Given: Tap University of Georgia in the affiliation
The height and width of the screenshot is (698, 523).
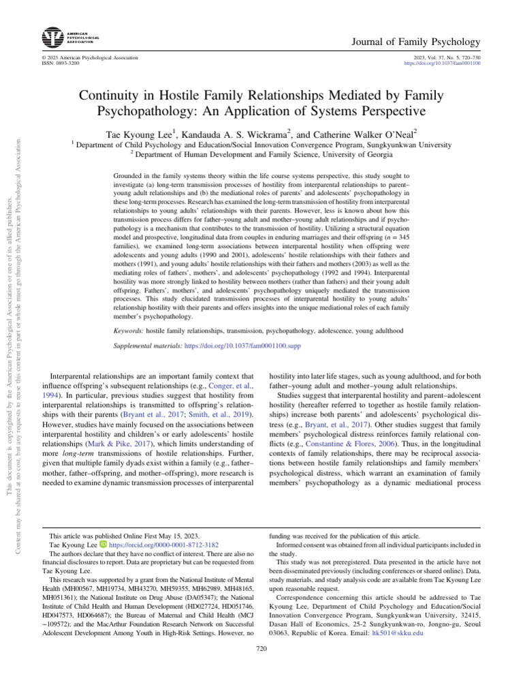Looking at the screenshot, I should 363,155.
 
